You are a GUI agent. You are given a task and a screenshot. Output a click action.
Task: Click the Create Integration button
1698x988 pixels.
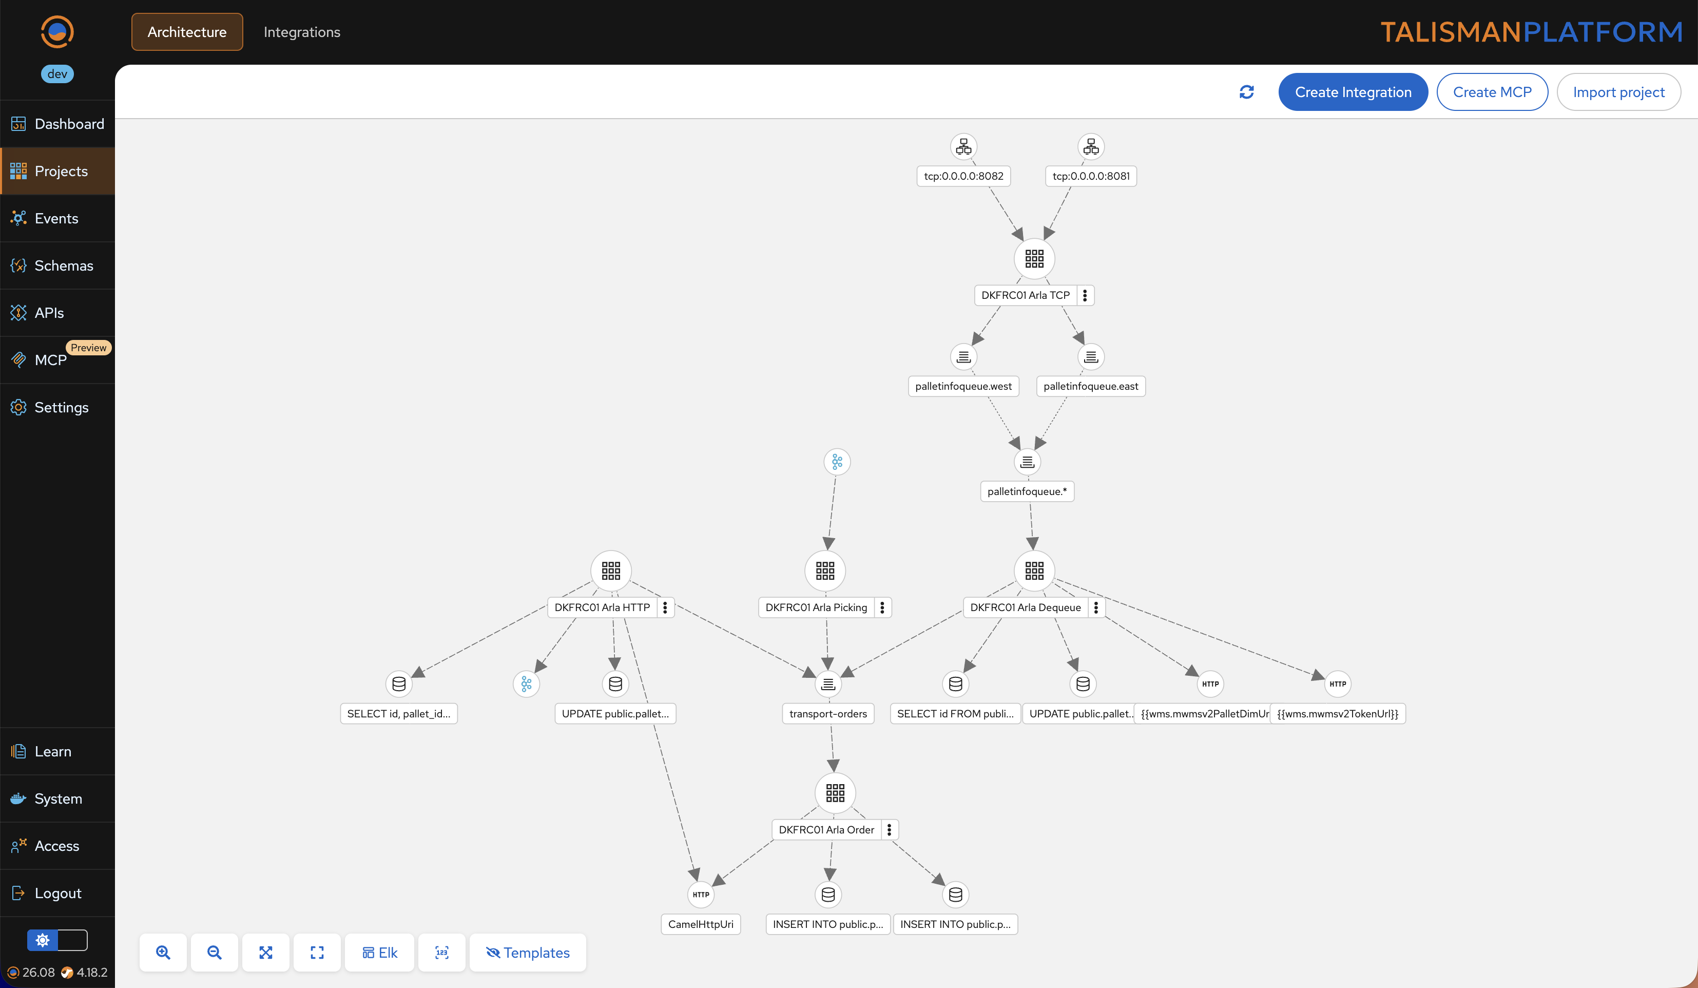click(x=1353, y=92)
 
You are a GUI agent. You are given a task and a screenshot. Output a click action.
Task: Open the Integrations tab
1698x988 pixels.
click(x=302, y=32)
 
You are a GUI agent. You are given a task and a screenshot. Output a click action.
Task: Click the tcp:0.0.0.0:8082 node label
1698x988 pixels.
click(x=963, y=176)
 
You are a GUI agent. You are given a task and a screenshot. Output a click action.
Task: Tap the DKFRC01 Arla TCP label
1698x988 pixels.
click(x=1025, y=295)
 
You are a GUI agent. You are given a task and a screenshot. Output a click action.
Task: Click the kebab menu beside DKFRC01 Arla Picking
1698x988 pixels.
click(x=882, y=607)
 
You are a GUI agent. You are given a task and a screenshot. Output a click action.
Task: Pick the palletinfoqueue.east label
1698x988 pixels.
click(x=1090, y=386)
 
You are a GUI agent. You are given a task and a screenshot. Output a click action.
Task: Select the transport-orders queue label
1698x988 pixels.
click(x=828, y=714)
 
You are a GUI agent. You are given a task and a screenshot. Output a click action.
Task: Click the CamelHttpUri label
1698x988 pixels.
click(x=701, y=924)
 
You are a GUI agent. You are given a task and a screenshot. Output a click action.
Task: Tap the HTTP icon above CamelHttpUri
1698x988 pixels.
click(x=701, y=895)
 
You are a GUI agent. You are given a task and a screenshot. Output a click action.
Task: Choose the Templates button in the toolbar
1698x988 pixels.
click(x=528, y=952)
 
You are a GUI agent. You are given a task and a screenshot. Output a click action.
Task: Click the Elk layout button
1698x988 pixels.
click(x=379, y=952)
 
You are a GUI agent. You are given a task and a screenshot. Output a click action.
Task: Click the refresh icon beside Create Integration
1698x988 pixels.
click(x=1246, y=92)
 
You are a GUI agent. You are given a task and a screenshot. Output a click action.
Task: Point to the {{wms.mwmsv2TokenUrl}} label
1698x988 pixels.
click(x=1338, y=714)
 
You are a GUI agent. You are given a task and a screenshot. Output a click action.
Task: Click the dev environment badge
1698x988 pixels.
click(x=57, y=74)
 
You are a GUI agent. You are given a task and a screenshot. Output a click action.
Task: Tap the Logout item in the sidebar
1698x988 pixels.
click(x=57, y=893)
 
